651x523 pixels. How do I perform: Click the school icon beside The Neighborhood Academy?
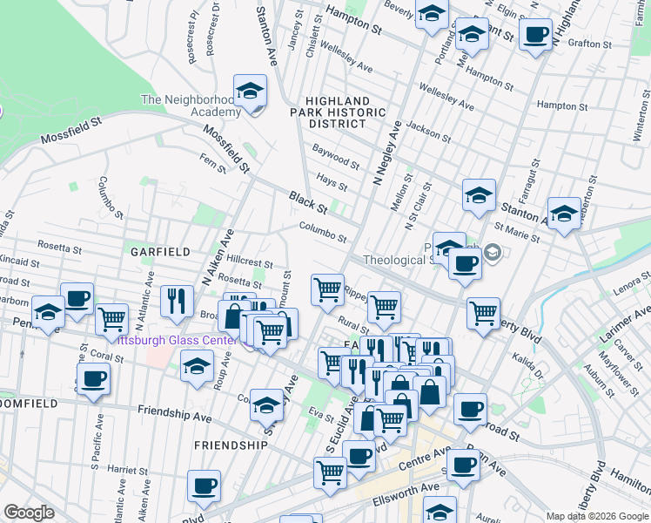coord(250,91)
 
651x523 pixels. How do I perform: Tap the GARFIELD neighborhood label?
coord(160,251)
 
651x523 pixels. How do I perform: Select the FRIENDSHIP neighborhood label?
coord(231,445)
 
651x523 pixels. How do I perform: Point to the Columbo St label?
coord(323,232)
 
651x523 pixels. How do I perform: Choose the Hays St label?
coord(332,181)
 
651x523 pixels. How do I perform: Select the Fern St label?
coord(212,161)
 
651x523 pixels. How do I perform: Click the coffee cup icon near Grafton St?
coord(535,35)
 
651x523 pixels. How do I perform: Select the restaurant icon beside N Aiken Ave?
coord(177,301)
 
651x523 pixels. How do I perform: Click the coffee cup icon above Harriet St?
coord(204,486)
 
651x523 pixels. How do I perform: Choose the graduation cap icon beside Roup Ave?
coord(198,366)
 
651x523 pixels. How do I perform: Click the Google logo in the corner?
coord(28,513)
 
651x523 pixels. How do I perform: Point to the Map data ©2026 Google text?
coord(596,516)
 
